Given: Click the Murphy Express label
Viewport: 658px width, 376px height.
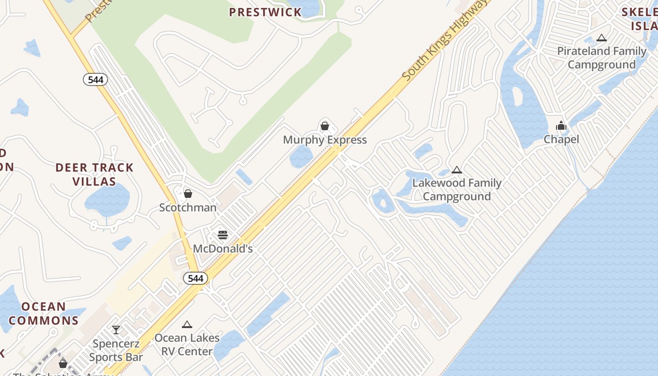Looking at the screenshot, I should coord(325,140).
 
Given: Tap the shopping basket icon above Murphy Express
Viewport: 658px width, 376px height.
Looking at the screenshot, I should coord(324,126).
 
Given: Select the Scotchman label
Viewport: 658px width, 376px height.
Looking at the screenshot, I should coord(188,207).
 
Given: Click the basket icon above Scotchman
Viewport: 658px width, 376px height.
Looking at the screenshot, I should coord(188,194).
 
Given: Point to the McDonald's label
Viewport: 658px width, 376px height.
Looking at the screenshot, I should coord(223,249).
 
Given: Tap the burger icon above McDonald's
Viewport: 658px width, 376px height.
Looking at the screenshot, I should coord(223,235).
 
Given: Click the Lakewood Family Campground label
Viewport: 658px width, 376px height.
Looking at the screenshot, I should coord(457,189).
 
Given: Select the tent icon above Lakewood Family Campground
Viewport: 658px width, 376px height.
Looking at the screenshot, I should coord(456,170).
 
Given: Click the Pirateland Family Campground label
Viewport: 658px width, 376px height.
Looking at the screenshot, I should coord(602,57).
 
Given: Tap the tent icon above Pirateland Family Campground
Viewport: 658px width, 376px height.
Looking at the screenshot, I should coord(602,38).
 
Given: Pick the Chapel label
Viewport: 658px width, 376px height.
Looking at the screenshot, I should coord(561,139).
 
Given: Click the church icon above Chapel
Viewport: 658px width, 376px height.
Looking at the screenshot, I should coord(561,125).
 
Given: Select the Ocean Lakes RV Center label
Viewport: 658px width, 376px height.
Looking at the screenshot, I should coord(187,345).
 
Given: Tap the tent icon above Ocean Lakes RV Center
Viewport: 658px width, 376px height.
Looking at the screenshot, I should coord(187,324).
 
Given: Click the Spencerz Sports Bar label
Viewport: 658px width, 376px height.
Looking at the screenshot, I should coord(116,350).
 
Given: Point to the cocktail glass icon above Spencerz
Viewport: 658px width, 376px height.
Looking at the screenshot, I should coord(116,329).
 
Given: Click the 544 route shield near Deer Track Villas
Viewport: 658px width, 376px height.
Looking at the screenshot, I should coord(95,79).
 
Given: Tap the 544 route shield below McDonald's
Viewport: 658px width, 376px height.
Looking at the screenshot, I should coord(196,278).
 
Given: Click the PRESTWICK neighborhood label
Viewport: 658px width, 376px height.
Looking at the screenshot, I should coord(266,12).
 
